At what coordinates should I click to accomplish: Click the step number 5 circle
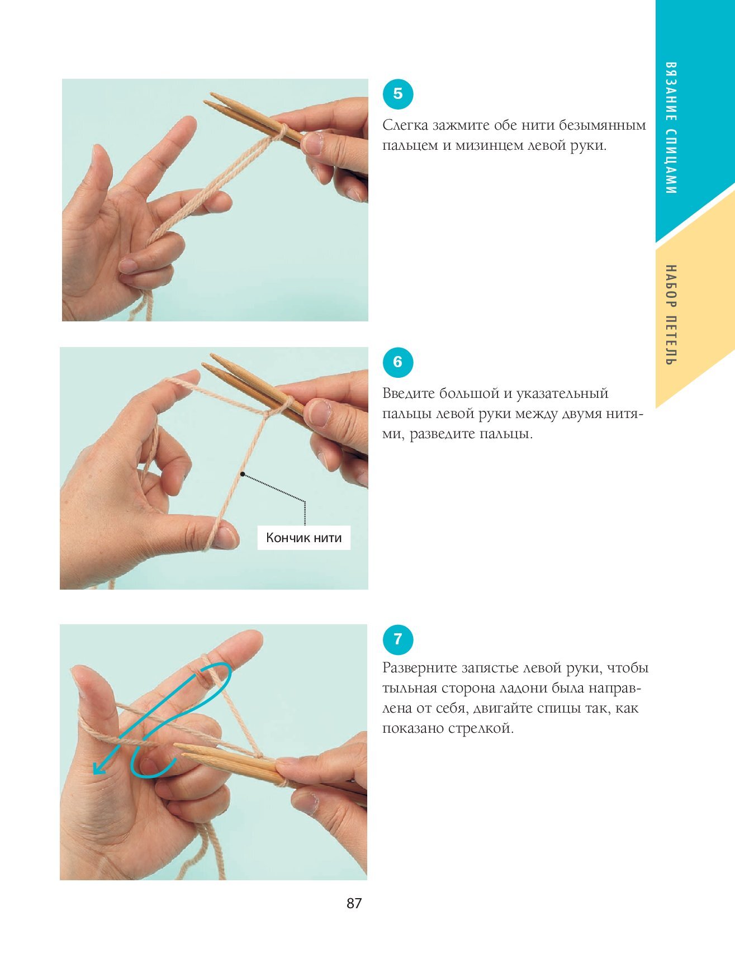(x=397, y=94)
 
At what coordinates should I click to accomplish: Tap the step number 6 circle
(x=397, y=362)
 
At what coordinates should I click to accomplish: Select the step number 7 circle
(x=397, y=639)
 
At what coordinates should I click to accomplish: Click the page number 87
(x=354, y=903)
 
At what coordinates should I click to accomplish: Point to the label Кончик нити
(x=304, y=538)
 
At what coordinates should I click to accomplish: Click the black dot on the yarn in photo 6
(x=243, y=474)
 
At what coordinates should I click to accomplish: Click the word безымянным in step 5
(x=603, y=125)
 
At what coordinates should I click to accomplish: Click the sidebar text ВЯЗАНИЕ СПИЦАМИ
(x=671, y=128)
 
